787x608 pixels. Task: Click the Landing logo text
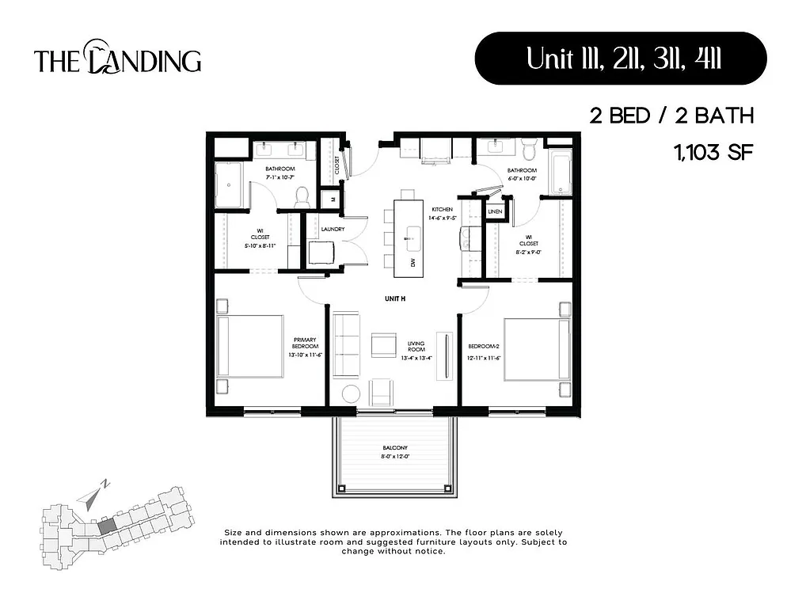tap(117, 60)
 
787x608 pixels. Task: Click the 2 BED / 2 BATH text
tap(671, 116)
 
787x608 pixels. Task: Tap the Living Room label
tap(416, 349)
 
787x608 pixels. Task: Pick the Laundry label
tap(331, 229)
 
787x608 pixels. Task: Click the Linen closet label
tap(495, 212)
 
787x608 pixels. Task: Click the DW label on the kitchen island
tap(412, 263)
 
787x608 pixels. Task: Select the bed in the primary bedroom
tap(251, 345)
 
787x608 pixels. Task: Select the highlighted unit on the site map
tap(106, 524)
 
